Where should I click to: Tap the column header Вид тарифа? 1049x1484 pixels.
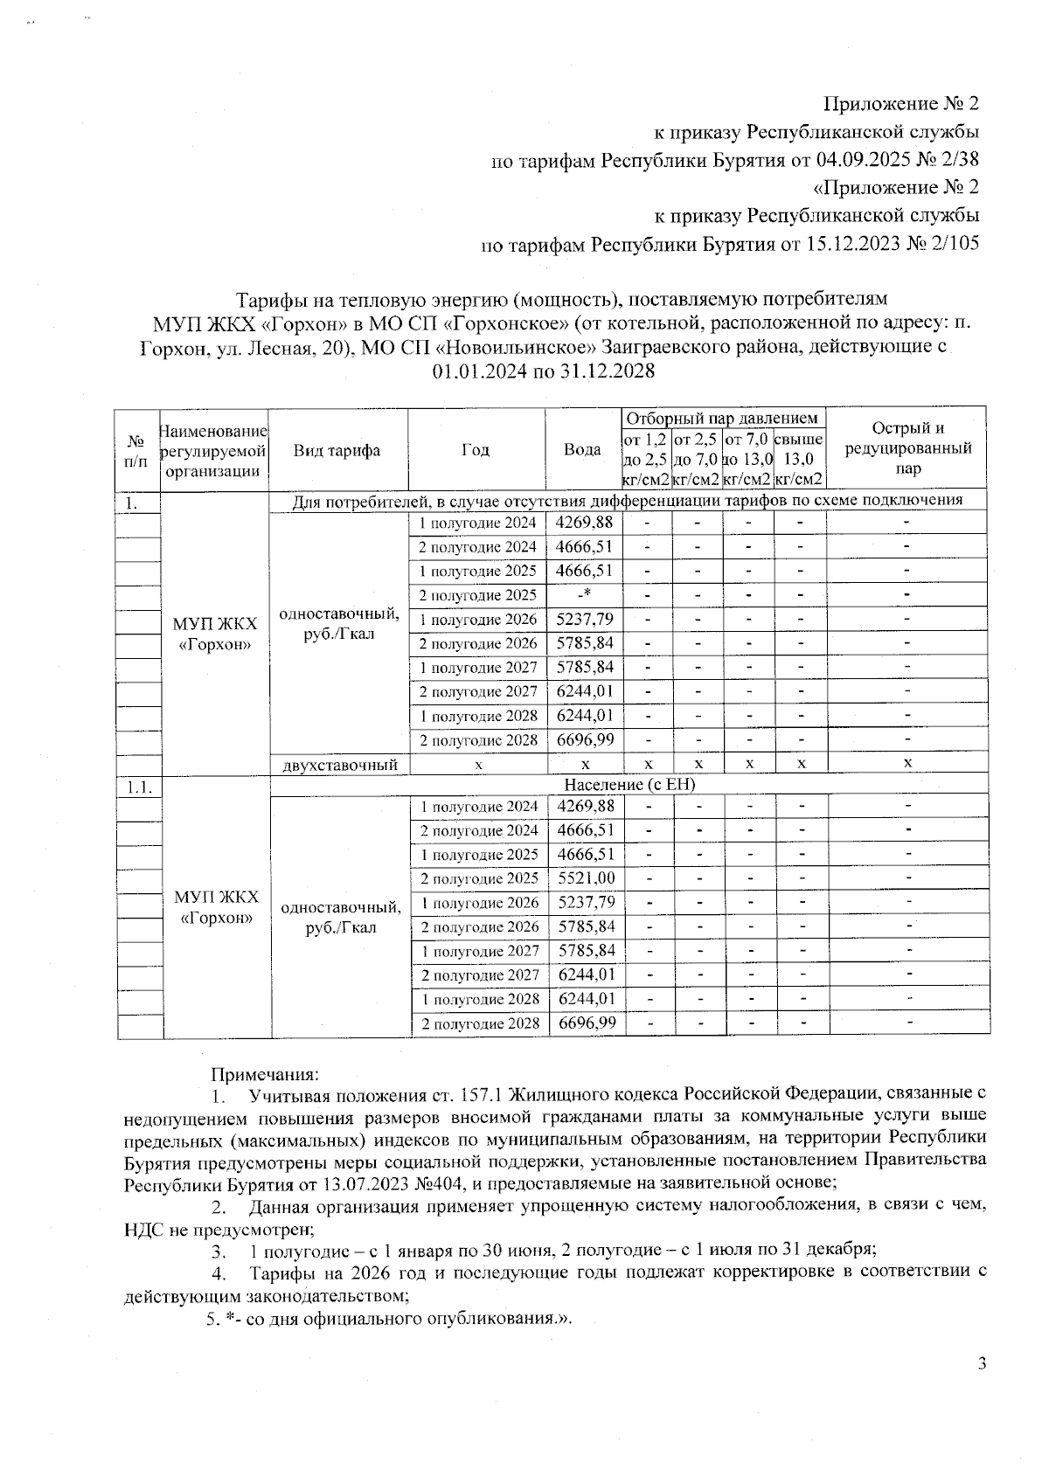pos(337,450)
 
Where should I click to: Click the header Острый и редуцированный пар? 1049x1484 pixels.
pos(907,448)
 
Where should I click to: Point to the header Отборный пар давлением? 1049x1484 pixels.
pos(723,419)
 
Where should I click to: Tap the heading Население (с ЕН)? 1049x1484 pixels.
pos(629,785)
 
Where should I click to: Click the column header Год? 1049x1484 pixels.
pos(476,450)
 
